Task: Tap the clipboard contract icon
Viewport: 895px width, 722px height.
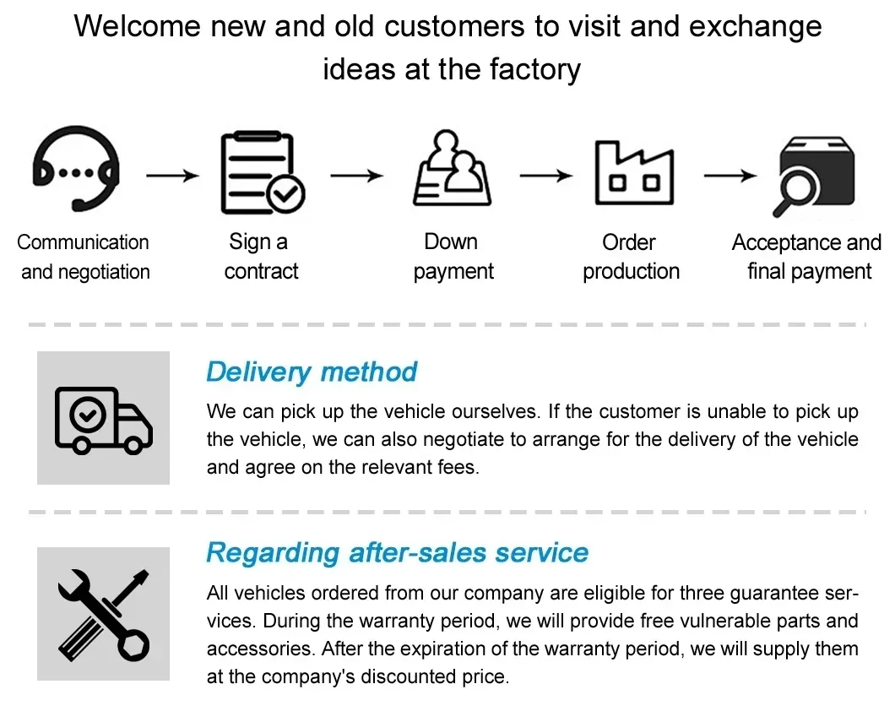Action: coord(260,173)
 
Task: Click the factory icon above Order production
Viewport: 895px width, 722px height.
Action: coord(633,173)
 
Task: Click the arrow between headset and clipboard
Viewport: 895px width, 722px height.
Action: coord(172,176)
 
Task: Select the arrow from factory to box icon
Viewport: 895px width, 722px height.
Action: coord(730,176)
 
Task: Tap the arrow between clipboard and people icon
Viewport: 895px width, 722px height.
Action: coord(356,176)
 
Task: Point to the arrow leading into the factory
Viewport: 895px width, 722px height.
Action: coord(545,176)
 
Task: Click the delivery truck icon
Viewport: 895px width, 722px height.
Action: coord(103,418)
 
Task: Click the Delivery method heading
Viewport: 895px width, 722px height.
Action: coord(312,372)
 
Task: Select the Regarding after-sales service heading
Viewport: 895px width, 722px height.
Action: coord(397,553)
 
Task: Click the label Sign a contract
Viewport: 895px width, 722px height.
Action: coord(260,257)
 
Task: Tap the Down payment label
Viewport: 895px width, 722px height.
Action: coord(453,257)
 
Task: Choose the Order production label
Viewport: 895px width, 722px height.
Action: coord(631,257)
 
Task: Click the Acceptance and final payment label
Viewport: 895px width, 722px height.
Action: coord(807,257)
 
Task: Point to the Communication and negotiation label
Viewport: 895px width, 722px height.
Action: coord(84,257)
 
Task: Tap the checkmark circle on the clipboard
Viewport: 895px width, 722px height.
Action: coord(285,195)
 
